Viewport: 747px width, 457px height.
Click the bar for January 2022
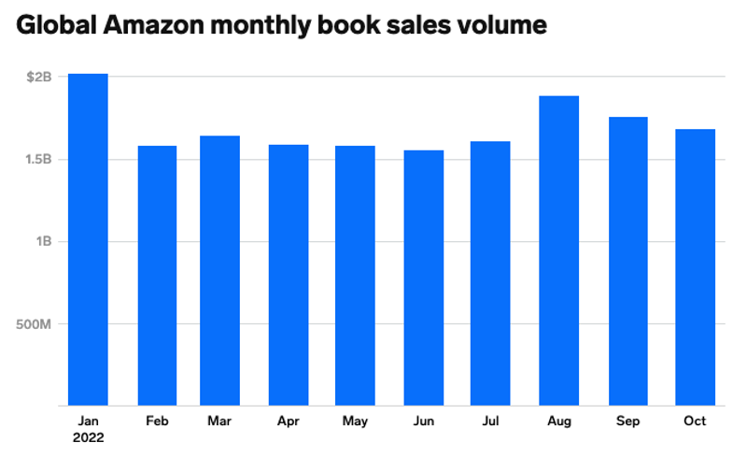click(88, 239)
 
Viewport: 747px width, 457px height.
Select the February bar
click(157, 276)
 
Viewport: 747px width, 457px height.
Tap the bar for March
click(219, 271)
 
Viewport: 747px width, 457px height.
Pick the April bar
click(288, 275)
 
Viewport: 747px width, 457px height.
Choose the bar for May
click(355, 276)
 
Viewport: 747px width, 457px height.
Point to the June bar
click(424, 278)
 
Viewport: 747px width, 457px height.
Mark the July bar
click(489, 273)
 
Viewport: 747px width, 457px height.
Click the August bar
click(558, 250)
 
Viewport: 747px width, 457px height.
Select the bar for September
click(627, 262)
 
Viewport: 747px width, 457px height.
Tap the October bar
click(695, 267)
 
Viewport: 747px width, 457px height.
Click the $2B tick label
click(39, 77)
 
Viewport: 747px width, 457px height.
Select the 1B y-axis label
click(43, 241)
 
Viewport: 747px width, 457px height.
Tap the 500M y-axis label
click(35, 324)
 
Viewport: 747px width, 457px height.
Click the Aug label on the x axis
click(558, 421)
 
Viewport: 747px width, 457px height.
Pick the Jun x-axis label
click(424, 421)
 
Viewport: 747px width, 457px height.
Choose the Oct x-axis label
click(695, 421)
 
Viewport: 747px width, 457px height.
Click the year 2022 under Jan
click(88, 437)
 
